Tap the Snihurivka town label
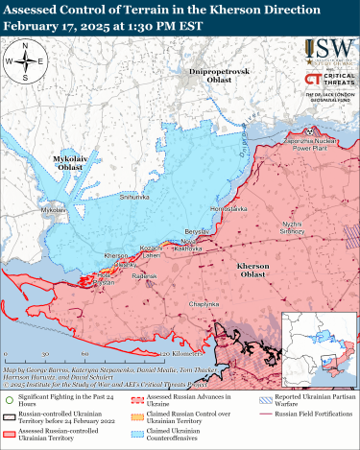coord(134,196)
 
